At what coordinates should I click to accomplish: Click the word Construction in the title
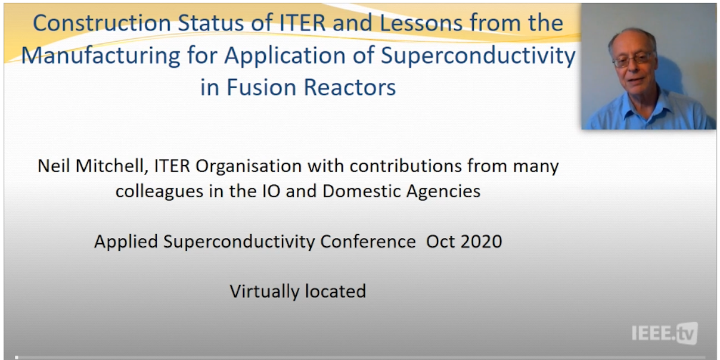101,23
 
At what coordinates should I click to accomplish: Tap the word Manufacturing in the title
101,56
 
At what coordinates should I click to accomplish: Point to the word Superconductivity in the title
478,56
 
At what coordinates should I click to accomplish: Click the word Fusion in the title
261,88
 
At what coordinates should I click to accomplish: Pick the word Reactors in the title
350,88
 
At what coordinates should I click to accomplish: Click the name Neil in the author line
54,166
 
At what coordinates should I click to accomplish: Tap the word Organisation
249,167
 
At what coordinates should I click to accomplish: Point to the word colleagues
159,191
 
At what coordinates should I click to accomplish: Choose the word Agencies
443,191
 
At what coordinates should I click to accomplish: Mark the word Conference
368,241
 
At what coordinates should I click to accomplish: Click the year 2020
481,241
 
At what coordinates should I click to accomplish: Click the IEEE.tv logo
665,333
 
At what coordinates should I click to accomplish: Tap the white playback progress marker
17,357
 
